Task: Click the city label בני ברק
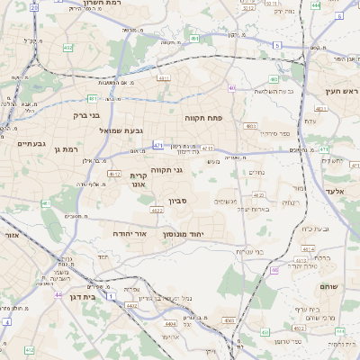pyautogui.click(x=86, y=115)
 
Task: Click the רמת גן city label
pyautogui.click(x=67, y=148)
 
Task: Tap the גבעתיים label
pyautogui.click(x=31, y=143)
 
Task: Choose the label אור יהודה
pyautogui.click(x=127, y=232)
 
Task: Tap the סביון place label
pyautogui.click(x=176, y=202)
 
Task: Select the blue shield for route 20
pyautogui.click(x=33, y=6)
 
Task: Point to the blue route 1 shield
pyautogui.click(x=110, y=295)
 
